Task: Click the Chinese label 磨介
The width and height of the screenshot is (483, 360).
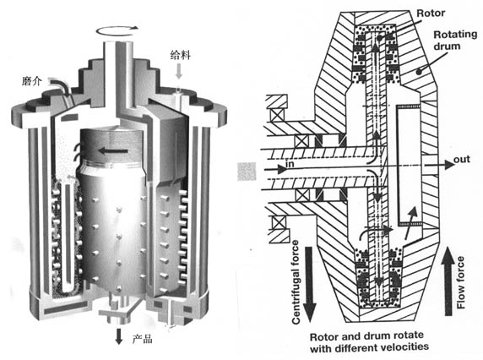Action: coord(31,81)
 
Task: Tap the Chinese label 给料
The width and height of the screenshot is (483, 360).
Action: coord(181,55)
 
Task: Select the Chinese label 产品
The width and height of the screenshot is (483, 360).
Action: coord(143,339)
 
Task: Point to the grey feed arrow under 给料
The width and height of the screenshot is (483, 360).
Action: coord(179,71)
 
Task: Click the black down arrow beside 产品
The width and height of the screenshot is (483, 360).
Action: coord(118,336)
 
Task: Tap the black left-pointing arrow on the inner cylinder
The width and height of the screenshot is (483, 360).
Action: coord(113,150)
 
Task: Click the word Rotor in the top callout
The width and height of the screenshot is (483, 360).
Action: coord(431,14)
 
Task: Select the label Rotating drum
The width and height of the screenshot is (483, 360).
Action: coord(455,40)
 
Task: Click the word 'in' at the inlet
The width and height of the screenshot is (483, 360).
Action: coord(290,164)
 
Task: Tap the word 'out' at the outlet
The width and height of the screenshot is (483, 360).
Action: coord(462,160)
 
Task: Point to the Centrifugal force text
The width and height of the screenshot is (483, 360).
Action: coord(296,282)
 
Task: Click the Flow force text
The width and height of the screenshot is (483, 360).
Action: coord(460,282)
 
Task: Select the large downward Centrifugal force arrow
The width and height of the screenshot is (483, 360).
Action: coord(310,284)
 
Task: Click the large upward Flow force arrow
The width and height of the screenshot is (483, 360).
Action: coord(448,284)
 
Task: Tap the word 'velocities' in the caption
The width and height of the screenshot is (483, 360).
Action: coord(404,347)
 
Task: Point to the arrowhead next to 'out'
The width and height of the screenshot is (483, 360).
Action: coord(450,165)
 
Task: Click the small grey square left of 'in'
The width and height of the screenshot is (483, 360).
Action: coord(247,172)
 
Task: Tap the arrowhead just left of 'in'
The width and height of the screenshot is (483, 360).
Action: coord(281,169)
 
